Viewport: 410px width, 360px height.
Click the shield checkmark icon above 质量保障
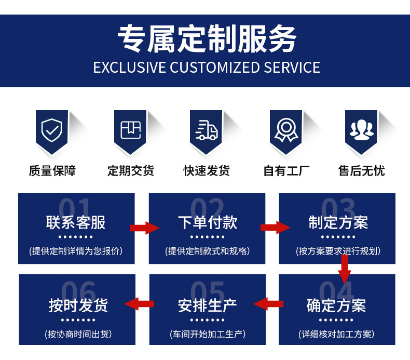click(52, 130)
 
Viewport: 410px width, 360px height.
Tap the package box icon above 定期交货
click(130, 130)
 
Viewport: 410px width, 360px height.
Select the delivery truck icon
click(207, 130)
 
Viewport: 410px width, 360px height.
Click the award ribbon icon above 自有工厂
click(286, 130)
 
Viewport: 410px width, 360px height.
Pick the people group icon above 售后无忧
click(362, 130)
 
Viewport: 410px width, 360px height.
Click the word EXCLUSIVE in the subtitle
click(130, 68)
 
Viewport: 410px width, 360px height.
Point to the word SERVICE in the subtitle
click(292, 68)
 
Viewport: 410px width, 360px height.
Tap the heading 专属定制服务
click(207, 38)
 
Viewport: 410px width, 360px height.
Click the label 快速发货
click(207, 171)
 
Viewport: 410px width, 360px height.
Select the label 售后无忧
click(362, 171)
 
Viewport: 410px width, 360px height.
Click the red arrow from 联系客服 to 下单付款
click(145, 228)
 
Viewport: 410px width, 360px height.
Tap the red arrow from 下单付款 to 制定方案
click(276, 227)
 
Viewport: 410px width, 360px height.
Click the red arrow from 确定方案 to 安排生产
click(268, 304)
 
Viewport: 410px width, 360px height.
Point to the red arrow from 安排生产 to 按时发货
click(140, 304)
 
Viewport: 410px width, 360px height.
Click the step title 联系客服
click(76, 222)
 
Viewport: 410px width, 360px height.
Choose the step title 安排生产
click(208, 305)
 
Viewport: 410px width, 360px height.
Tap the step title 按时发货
click(78, 305)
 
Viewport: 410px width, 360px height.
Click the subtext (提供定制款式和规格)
click(208, 251)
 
